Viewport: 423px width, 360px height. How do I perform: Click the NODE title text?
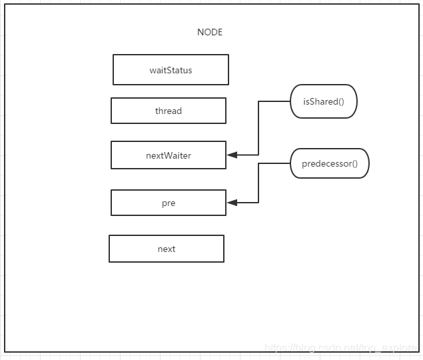[210, 32]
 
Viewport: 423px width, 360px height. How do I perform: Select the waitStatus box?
[171, 70]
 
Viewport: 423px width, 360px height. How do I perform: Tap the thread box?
[169, 111]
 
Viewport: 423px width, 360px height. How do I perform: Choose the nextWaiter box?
[169, 155]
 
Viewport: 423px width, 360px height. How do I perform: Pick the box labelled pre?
[169, 203]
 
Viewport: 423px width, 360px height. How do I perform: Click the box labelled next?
[167, 249]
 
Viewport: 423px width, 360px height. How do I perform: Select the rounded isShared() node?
[324, 102]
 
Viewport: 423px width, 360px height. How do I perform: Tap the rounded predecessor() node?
[330, 163]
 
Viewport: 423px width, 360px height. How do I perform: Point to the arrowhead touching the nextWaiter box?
[232, 155]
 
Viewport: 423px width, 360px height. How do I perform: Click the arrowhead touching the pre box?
[232, 203]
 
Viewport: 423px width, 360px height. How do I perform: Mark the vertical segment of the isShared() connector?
[258, 128]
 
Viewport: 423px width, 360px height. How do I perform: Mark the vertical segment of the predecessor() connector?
[258, 183]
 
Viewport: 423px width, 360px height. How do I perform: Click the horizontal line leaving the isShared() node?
[274, 102]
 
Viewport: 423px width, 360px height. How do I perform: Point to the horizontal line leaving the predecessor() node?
[274, 163]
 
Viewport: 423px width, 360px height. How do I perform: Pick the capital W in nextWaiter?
[167, 155]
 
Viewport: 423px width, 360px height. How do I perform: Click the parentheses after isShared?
[340, 102]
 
